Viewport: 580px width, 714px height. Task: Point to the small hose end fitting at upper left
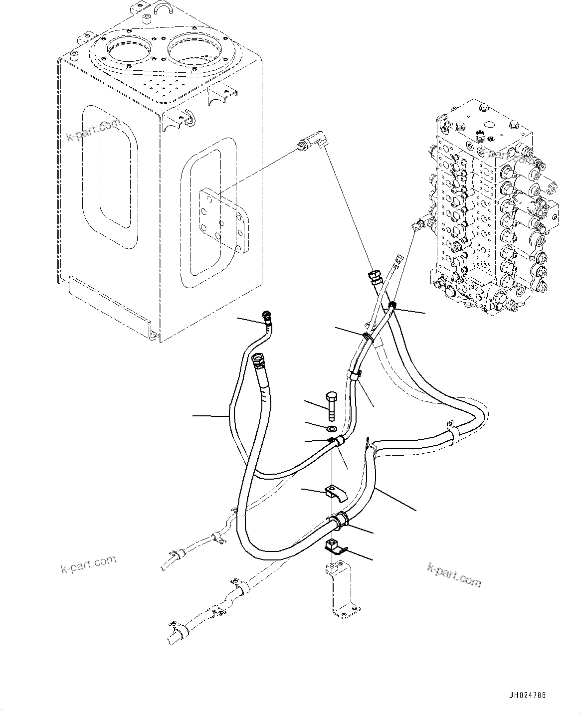[x=266, y=317]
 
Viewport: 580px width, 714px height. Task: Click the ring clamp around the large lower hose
[x=341, y=520]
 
